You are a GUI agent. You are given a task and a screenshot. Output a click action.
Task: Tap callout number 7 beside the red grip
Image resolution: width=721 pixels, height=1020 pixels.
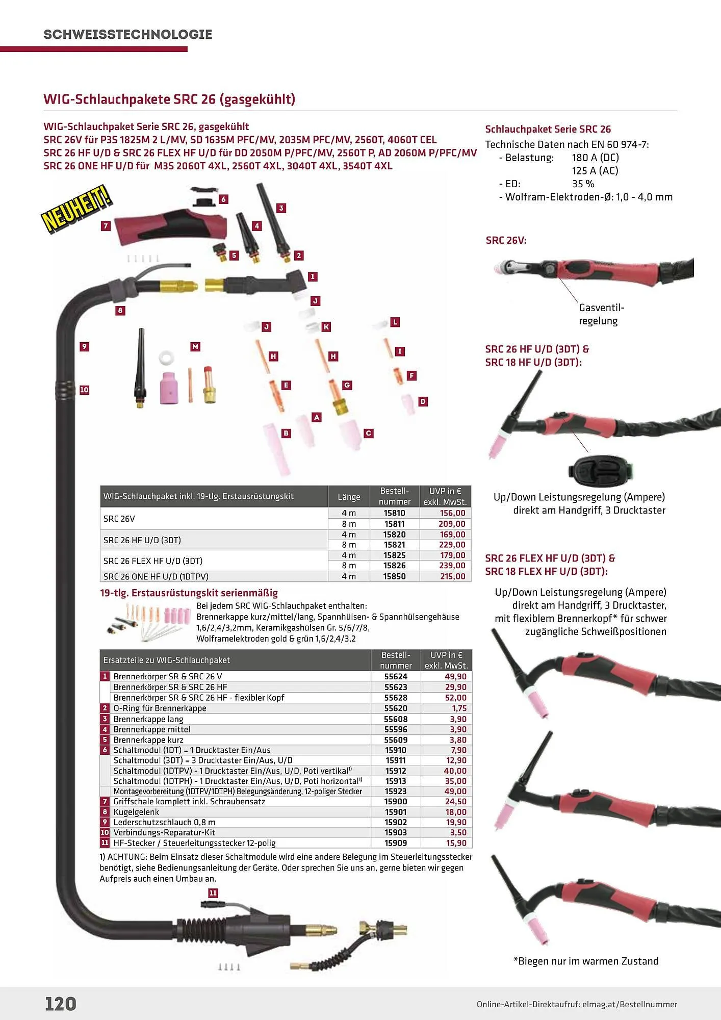pos(106,226)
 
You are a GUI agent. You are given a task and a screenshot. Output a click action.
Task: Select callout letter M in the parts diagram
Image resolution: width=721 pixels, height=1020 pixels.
pos(195,347)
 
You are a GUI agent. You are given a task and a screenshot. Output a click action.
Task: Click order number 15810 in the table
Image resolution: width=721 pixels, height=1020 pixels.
pos(394,513)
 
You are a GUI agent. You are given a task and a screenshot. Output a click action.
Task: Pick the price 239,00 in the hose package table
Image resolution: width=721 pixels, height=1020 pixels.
pos(452,565)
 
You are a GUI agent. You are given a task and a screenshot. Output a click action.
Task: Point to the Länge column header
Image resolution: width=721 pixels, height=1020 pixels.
pos(349,497)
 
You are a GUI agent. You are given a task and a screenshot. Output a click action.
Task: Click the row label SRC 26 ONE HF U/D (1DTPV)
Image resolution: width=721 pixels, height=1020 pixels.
pos(156,576)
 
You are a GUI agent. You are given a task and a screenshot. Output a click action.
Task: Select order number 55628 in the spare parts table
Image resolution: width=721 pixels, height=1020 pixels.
pos(396,697)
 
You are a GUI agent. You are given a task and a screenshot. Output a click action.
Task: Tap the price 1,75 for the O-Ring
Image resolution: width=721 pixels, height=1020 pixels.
pos(459,708)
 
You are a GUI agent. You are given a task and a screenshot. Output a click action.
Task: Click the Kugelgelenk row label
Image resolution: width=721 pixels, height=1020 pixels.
pos(136,812)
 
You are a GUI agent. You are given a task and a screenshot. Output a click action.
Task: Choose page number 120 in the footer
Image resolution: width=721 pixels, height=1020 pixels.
pos(61,1004)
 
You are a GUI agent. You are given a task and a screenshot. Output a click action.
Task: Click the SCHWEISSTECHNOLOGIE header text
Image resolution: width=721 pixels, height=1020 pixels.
pos(127,34)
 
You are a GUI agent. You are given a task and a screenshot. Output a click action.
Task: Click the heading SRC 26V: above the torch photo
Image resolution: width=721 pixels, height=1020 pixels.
pos(506,240)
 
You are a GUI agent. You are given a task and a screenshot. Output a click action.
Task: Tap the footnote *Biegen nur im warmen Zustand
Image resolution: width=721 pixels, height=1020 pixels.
pos(586,961)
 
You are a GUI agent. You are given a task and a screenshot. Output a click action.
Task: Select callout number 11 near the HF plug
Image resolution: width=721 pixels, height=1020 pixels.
pos(213,893)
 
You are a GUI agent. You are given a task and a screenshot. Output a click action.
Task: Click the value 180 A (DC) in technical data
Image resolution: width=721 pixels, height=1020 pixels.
pos(595,158)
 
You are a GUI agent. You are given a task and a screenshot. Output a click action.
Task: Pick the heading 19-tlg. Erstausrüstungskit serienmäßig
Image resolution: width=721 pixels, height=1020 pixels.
pos(189,593)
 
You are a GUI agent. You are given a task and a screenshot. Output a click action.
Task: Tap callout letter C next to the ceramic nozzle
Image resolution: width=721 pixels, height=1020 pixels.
pos(369,433)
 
